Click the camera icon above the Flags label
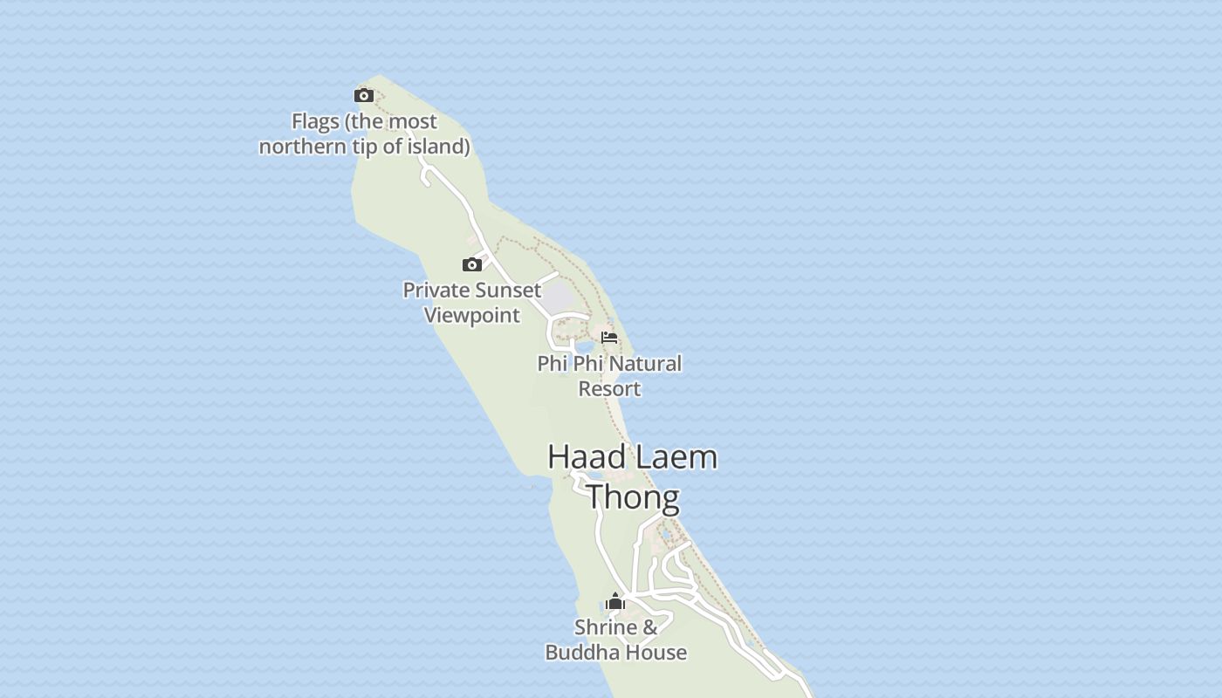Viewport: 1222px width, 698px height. [364, 95]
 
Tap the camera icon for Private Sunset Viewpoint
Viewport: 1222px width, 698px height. [472, 264]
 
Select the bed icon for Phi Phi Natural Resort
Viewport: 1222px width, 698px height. [609, 338]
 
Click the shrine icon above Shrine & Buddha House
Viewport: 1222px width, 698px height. [615, 601]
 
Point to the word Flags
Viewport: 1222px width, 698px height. [315, 121]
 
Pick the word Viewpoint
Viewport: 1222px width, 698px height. [472, 315]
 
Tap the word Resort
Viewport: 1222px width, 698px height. [609, 389]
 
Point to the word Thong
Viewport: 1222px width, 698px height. [633, 497]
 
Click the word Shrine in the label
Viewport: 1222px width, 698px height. [606, 627]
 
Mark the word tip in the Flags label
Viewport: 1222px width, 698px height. [366, 147]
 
